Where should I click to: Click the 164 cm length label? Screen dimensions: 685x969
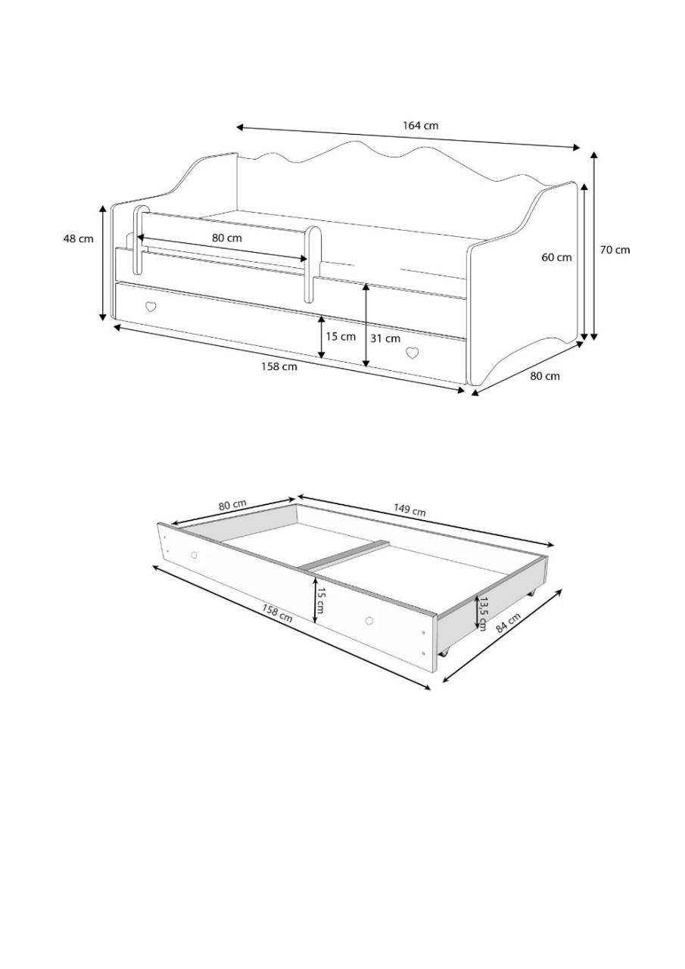coord(420,126)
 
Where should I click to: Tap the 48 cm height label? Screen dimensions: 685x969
coord(78,238)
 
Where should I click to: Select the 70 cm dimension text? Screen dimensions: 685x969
coord(615,250)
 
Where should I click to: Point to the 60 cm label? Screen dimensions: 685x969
coord(556,258)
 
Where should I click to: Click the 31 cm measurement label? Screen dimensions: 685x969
coord(385,338)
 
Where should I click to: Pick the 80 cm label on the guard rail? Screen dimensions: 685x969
coord(226,238)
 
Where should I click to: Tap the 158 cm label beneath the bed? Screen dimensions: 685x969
coord(279,367)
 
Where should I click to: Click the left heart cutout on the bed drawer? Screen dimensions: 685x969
coord(151,307)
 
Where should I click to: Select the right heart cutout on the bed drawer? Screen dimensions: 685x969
coord(413,354)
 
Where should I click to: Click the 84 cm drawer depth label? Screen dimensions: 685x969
coord(509,623)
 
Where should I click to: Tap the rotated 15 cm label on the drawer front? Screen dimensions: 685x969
coord(320,600)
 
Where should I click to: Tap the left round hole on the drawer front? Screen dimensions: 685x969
coord(194,555)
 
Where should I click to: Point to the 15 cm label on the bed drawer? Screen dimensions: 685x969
coord(341,336)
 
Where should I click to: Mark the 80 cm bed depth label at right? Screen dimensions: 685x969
coord(544,376)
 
